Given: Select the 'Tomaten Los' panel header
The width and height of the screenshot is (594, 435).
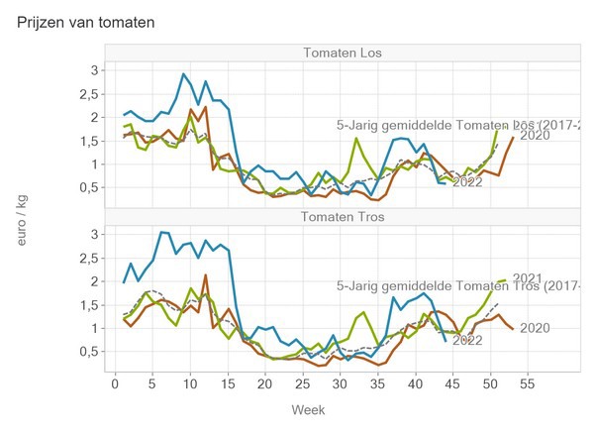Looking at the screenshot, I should pyautogui.click(x=345, y=53).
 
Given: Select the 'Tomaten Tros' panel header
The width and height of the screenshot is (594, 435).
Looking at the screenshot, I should pyautogui.click(x=345, y=217).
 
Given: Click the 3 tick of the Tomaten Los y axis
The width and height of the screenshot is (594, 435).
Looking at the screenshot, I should pyautogui.click(x=94, y=70).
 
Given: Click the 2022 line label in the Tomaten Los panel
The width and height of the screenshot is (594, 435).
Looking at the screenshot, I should pyautogui.click(x=467, y=182).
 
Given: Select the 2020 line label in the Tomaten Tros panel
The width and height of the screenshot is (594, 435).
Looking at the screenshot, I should pyautogui.click(x=535, y=328).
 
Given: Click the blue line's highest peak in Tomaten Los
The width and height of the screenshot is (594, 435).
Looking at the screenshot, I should pyautogui.click(x=183, y=73).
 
